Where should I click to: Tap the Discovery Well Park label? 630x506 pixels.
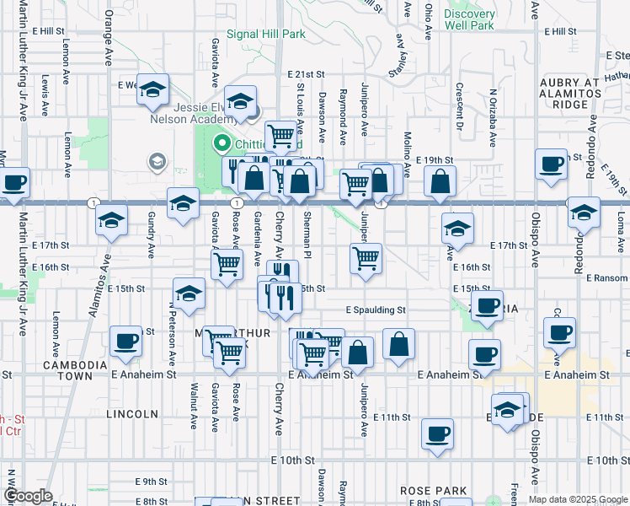point(469,19)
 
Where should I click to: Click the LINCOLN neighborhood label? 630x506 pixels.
point(132,414)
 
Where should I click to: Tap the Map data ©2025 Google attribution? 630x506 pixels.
point(578,499)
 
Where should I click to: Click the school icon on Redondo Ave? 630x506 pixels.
point(584,213)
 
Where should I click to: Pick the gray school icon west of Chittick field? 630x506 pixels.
point(156,160)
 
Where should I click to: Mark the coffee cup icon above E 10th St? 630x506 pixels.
point(437,433)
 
